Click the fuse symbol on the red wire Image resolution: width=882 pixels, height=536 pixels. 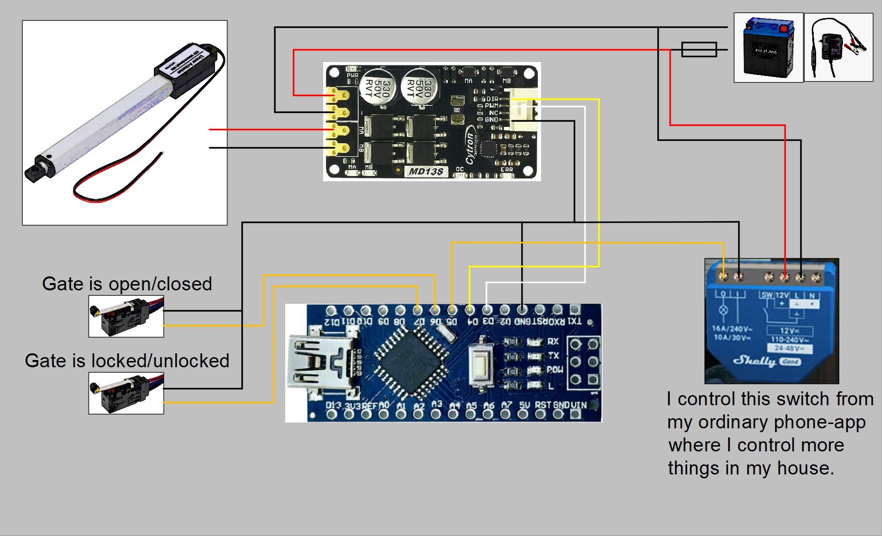(699, 50)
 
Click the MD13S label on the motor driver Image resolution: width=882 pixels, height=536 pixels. (426, 172)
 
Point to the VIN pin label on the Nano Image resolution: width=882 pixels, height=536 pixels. (579, 405)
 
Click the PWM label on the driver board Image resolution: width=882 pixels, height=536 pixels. (491, 106)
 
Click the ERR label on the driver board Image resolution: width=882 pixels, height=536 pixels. (506, 170)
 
